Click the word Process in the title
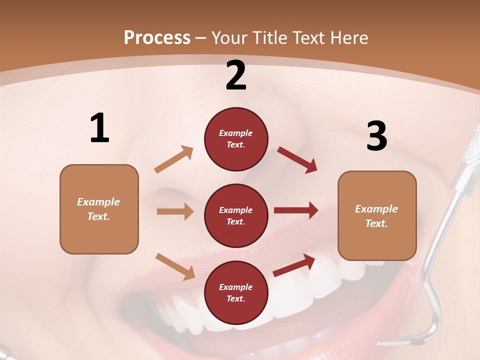[x=157, y=38]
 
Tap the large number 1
[x=99, y=128]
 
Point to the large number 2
[x=236, y=75]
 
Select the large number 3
[x=376, y=135]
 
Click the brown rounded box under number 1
[x=99, y=209]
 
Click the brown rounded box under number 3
[x=377, y=215]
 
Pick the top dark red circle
[x=236, y=139]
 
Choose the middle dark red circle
[x=236, y=215]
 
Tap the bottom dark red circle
[x=236, y=292]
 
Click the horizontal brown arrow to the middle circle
[x=175, y=211]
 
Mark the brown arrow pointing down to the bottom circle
[x=175, y=266]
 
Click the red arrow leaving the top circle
[x=297, y=160]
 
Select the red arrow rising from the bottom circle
[x=294, y=265]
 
